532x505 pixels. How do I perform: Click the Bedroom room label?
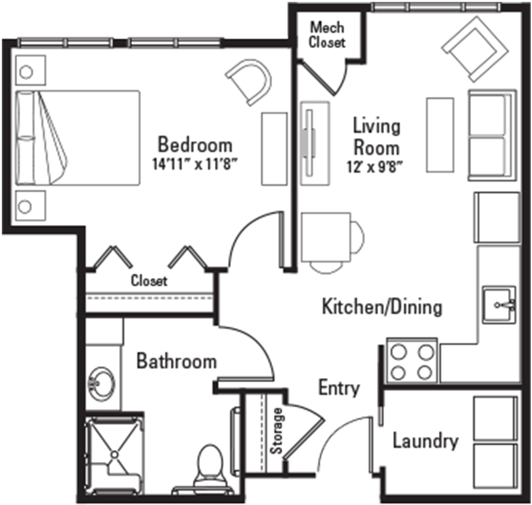coord(195,145)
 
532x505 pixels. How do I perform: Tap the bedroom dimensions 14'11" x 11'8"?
coord(195,164)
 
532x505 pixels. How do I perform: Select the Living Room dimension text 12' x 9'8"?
coord(375,167)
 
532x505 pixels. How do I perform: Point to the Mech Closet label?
coord(327,34)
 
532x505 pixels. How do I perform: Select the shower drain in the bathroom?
coord(115,453)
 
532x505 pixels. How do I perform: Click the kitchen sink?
coord(499,305)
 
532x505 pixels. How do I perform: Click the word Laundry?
coord(425,441)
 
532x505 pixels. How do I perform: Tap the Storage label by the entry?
coord(277,431)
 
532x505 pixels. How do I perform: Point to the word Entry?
coord(339,388)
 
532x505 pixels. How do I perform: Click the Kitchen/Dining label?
coord(382,306)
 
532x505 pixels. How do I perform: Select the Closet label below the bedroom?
coord(149,280)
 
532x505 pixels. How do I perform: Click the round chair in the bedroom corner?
coord(250,82)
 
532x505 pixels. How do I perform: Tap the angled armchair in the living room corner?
coord(475,49)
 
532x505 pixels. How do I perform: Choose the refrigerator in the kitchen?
coord(497,218)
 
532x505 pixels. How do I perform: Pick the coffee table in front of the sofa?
coord(440,135)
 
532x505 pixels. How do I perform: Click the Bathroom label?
coord(177,361)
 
